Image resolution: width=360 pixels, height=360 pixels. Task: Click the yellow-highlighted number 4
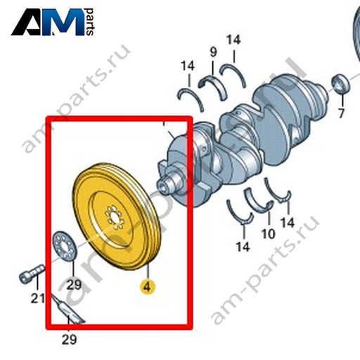pos(147,287)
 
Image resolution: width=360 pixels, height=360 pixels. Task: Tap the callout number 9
pos(213,52)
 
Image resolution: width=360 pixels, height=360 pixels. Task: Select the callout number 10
pos(269,233)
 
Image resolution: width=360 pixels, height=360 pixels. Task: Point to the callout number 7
pos(341,113)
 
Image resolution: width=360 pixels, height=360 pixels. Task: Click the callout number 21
pos(38,298)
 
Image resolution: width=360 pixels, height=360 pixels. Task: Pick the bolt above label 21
pos(32,274)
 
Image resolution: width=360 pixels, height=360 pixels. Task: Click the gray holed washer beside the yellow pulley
pos(65,246)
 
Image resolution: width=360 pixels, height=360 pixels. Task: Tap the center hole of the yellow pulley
pos(115,217)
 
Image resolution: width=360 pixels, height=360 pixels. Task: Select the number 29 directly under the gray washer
pos(74,285)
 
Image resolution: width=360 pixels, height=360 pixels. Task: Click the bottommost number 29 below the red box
pos(69,339)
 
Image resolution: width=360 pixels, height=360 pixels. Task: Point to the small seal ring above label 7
pos(340,84)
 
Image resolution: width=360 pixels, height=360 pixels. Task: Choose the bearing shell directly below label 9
pos(212,86)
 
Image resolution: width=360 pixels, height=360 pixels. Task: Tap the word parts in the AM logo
pos(90,22)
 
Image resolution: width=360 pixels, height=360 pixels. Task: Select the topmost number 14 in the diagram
pos(233,40)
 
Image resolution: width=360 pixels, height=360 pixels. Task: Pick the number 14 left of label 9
pos(188,66)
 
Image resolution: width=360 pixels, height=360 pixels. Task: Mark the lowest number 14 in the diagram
pos(243,247)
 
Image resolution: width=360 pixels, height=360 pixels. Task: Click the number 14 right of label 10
pos(288,222)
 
